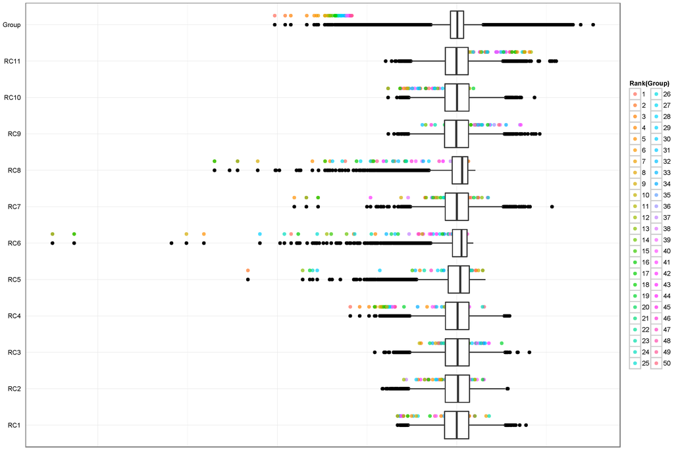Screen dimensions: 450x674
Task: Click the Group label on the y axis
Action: [x=11, y=25]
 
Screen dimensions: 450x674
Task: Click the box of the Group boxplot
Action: [x=457, y=25]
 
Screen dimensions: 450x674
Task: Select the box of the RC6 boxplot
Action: [x=459, y=243]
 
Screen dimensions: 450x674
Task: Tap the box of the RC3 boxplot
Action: [x=457, y=352]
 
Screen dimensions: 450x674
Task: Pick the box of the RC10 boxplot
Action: [x=457, y=97]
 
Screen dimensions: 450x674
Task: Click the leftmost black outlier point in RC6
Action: [x=53, y=243]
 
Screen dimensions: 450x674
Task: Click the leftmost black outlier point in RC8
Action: [x=215, y=170]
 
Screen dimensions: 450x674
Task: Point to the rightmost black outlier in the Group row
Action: [x=593, y=25]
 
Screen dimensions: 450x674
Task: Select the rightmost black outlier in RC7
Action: [x=552, y=207]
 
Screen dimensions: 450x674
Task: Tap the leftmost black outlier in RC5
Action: [x=247, y=280]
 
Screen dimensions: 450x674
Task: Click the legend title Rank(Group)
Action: [x=649, y=83]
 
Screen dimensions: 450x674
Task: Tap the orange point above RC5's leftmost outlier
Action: [x=247, y=270]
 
